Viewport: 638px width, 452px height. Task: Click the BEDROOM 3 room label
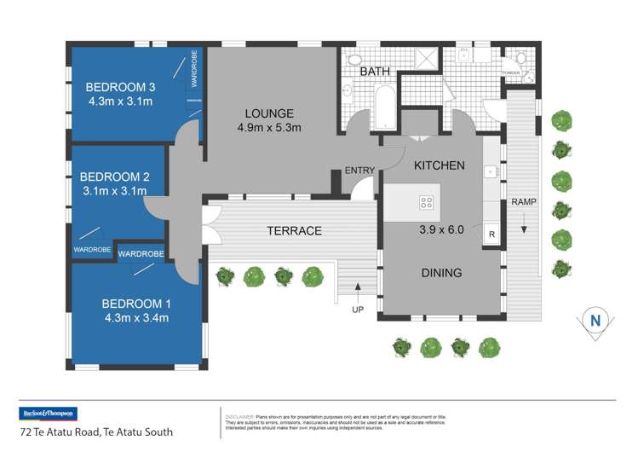tap(121, 87)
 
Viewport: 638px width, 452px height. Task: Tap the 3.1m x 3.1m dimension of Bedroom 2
tap(115, 192)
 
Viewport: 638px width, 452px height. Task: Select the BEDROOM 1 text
tap(136, 304)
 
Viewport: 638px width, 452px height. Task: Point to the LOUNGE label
tap(269, 113)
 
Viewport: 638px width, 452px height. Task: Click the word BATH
tap(375, 72)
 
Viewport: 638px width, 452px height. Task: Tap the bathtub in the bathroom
tap(382, 102)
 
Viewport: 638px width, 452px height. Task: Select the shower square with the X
tap(424, 57)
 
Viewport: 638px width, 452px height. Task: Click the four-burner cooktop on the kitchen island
tap(426, 203)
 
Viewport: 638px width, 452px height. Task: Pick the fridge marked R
tap(491, 235)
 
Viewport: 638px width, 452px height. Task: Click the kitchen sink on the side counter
tap(491, 171)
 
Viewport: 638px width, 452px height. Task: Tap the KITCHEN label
tap(439, 165)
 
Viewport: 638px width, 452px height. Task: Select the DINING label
tap(440, 273)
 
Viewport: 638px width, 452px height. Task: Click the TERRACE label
tap(293, 230)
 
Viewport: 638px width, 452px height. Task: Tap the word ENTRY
tap(359, 171)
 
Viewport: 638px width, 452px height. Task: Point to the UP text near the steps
tap(358, 310)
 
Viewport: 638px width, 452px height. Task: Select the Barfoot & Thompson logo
tap(47, 414)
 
